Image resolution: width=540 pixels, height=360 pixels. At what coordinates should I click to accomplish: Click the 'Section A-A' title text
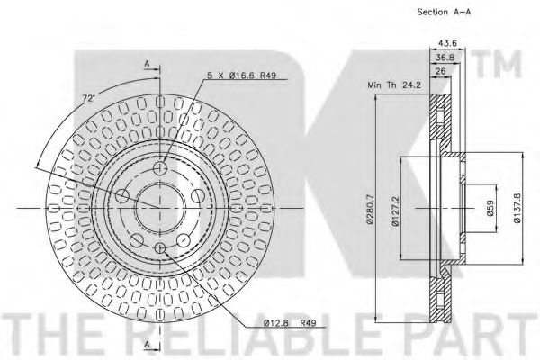[x=444, y=12]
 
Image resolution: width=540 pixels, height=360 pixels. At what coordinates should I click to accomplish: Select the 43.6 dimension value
[x=447, y=43]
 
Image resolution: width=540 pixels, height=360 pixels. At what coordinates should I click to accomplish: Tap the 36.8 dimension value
[x=445, y=58]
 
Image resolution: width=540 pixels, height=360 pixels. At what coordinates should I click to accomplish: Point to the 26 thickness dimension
[x=441, y=71]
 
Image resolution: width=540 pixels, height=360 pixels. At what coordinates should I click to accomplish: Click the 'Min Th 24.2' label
[x=394, y=85]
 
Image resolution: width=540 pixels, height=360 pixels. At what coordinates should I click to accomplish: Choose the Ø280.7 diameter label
[x=370, y=209]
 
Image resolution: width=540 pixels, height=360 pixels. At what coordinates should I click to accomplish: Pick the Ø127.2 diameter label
[x=395, y=211]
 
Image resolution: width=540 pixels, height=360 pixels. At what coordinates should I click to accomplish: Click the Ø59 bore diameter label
[x=490, y=208]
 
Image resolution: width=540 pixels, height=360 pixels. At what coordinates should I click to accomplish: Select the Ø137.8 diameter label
[x=517, y=208]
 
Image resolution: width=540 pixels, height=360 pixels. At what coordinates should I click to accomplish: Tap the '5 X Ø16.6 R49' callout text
[x=242, y=75]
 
